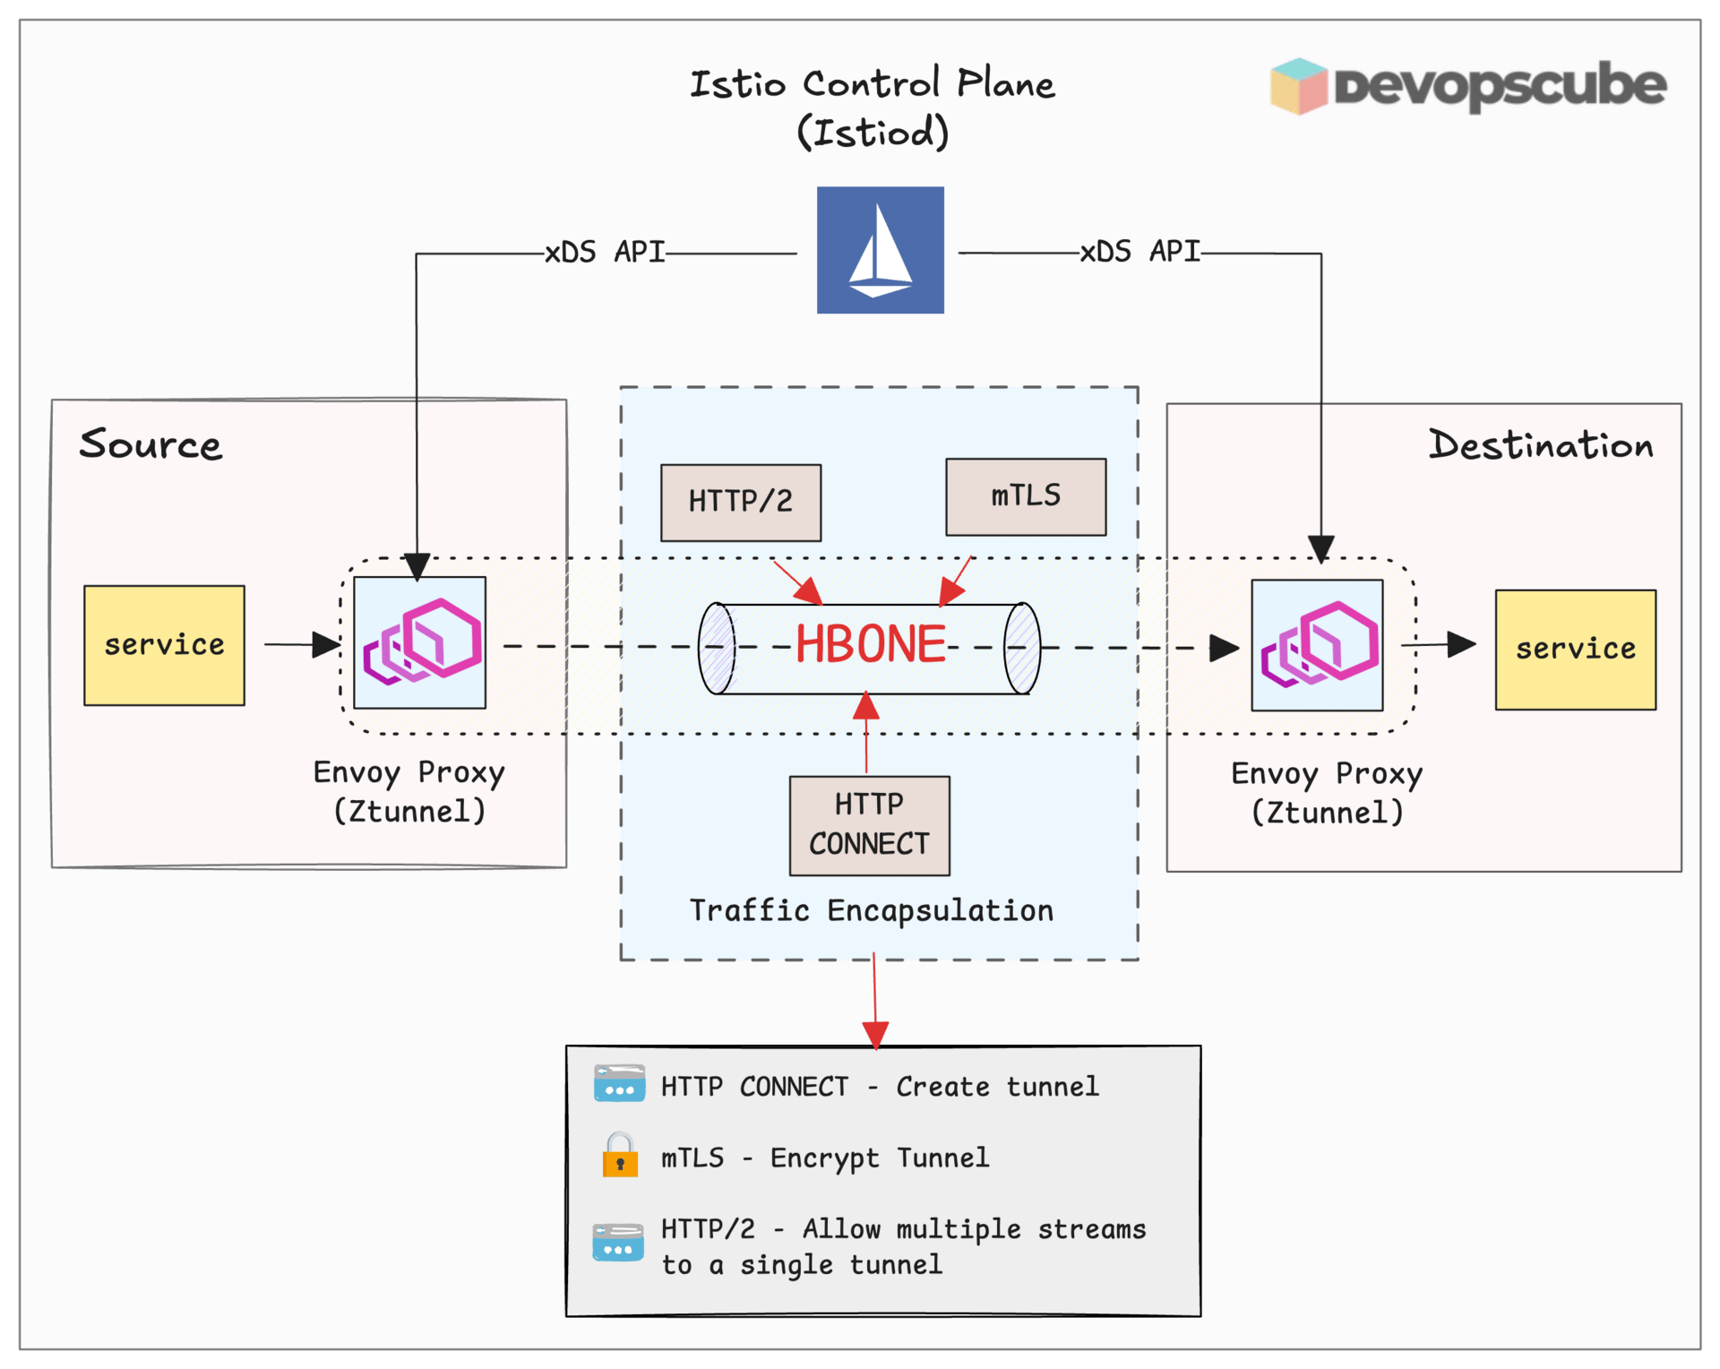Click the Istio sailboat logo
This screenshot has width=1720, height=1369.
(x=880, y=250)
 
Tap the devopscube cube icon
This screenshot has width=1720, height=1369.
(x=1298, y=86)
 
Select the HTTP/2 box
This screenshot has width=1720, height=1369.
(x=740, y=502)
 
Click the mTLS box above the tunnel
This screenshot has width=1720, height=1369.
(x=1025, y=496)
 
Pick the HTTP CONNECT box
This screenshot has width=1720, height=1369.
(x=869, y=824)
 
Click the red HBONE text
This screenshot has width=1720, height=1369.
(x=871, y=644)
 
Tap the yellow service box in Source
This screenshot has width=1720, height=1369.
(x=164, y=645)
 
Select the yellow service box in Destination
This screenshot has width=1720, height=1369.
(x=1575, y=650)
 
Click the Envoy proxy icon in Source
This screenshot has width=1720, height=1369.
(x=419, y=642)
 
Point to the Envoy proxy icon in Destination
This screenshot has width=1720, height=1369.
(x=1317, y=645)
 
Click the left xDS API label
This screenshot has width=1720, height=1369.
(x=605, y=253)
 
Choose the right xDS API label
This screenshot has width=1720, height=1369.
(x=1139, y=252)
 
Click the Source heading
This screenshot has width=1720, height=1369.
(x=150, y=444)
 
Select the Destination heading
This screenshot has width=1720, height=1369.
(x=1540, y=445)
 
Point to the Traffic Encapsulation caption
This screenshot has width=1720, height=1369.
(x=871, y=910)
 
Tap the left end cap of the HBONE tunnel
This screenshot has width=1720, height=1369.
(x=717, y=648)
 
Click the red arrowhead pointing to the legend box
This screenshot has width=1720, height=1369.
(x=875, y=1035)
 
